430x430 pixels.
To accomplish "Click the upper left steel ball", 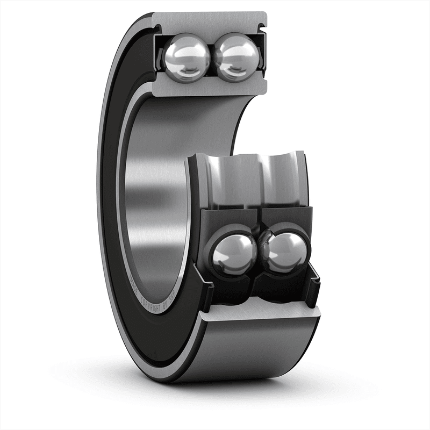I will point(187,57).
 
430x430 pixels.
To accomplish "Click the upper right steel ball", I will point(237,56).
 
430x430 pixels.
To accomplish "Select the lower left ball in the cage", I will point(234,253).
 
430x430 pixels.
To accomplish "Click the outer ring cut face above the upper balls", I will point(210,21).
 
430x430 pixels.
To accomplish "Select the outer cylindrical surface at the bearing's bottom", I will point(253,349).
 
